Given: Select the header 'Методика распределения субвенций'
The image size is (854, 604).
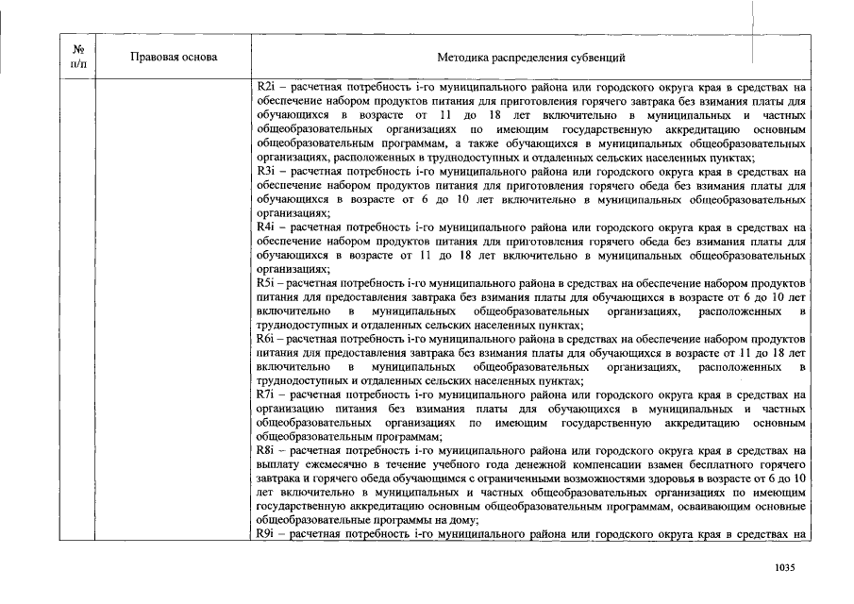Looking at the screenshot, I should tap(531, 58).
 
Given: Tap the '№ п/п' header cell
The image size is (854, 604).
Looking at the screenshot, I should tap(79, 57).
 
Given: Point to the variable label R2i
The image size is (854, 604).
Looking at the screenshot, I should tap(264, 87).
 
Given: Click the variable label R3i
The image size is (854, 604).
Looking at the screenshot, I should tap(264, 172).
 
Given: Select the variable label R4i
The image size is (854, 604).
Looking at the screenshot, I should tap(264, 227).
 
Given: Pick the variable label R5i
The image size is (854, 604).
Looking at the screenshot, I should tap(264, 283).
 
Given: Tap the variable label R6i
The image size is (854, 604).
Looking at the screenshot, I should tap(264, 338).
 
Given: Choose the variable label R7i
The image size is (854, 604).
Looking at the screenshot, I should tap(264, 394).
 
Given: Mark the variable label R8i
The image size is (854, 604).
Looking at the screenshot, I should tap(264, 451).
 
